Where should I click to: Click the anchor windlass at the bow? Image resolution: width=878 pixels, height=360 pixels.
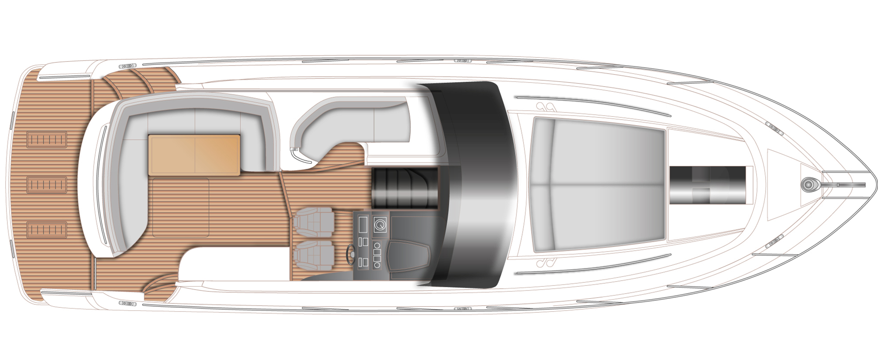809,185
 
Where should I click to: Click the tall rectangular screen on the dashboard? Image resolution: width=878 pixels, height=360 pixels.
364,225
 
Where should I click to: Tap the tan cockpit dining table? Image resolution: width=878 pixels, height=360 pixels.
194,155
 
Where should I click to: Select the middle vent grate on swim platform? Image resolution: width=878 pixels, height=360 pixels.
47,185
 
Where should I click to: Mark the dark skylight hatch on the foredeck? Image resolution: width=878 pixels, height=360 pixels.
707,185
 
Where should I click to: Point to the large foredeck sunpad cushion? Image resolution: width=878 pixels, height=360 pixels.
598,185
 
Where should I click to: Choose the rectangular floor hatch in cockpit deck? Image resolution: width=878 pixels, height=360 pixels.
180,207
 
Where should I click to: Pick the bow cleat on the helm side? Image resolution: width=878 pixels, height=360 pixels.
774,243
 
